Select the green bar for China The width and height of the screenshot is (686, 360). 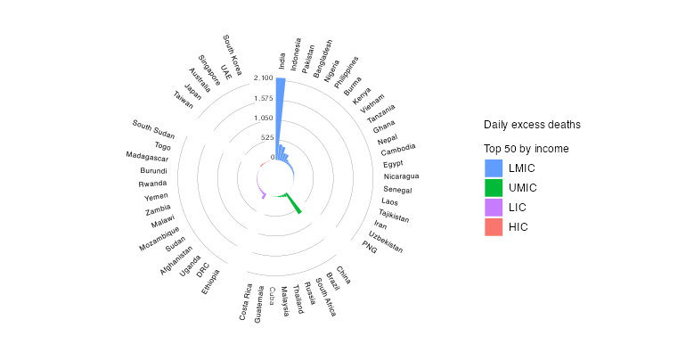[293, 205]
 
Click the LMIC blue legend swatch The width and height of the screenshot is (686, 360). [494, 168]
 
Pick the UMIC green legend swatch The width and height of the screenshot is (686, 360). [494, 188]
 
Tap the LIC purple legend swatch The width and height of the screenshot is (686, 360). [494, 208]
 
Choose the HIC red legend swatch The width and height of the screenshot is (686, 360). [494, 227]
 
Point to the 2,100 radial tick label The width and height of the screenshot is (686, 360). [262, 78]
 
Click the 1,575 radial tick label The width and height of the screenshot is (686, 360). [262, 98]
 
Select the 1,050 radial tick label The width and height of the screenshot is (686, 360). [262, 118]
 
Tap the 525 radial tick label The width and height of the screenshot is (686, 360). [266, 137]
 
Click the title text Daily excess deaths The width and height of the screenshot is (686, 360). [532, 124]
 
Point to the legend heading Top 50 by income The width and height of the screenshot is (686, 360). [527, 148]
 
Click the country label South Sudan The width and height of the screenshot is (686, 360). [154, 130]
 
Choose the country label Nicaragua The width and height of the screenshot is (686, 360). [401, 176]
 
